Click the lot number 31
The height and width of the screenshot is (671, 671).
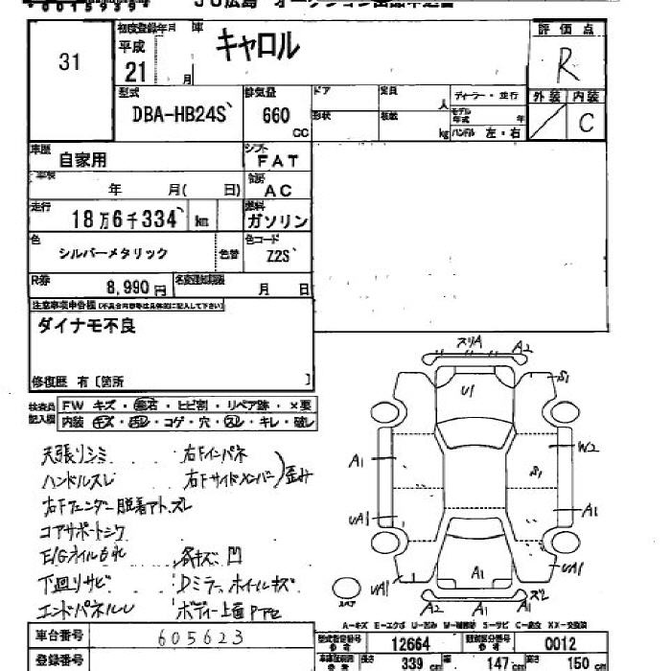[x=69, y=62]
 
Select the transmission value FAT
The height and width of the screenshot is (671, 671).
[x=278, y=161]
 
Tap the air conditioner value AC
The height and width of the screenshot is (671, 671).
[x=278, y=191]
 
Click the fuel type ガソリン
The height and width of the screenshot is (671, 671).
[x=277, y=221]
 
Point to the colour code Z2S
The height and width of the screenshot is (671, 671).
[x=282, y=255]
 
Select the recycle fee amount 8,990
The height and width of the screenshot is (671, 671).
[x=124, y=287]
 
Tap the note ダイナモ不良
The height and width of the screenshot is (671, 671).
[x=87, y=326]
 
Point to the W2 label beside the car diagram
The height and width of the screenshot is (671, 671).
[x=589, y=447]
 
